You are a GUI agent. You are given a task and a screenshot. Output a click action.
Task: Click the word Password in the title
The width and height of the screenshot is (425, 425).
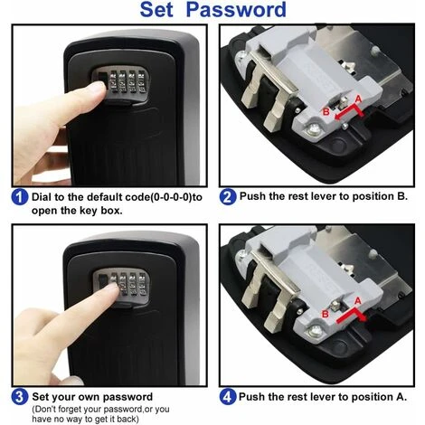pos(236,10)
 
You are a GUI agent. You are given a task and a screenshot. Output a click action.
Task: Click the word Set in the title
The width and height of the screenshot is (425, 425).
pos(156,10)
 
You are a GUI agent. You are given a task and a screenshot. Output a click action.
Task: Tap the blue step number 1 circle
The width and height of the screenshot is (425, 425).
pos(20,197)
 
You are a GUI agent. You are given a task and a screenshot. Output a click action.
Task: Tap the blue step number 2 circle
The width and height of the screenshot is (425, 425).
pos(228,197)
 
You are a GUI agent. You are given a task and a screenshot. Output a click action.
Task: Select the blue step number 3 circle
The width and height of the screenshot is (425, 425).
pos(20,397)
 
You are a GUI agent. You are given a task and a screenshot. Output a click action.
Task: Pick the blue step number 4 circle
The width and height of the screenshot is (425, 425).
pos(228,397)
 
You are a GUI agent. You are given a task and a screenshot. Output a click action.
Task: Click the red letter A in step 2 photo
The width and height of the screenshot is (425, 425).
pos(358,99)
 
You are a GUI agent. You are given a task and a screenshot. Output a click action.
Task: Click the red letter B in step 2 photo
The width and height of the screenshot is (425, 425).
pos(326,112)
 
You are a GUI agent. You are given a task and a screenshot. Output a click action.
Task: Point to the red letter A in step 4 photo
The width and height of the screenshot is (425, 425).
pos(357,301)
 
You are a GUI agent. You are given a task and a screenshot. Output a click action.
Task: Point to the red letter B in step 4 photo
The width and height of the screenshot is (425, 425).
pos(326,314)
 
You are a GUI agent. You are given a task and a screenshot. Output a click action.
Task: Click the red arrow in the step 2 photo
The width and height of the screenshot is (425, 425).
pos(350,113)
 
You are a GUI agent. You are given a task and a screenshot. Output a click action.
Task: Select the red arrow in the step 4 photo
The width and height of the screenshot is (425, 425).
pos(351,316)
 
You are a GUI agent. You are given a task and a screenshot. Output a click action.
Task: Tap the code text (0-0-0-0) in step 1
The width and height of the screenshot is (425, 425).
pos(171,197)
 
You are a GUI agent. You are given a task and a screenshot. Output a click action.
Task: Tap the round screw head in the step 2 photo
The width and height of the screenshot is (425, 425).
pos(313,130)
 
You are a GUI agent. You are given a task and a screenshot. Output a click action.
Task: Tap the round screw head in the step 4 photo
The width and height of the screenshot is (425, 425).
pos(315,331)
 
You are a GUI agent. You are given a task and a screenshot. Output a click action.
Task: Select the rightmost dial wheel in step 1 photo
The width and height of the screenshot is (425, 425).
pos(141,81)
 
